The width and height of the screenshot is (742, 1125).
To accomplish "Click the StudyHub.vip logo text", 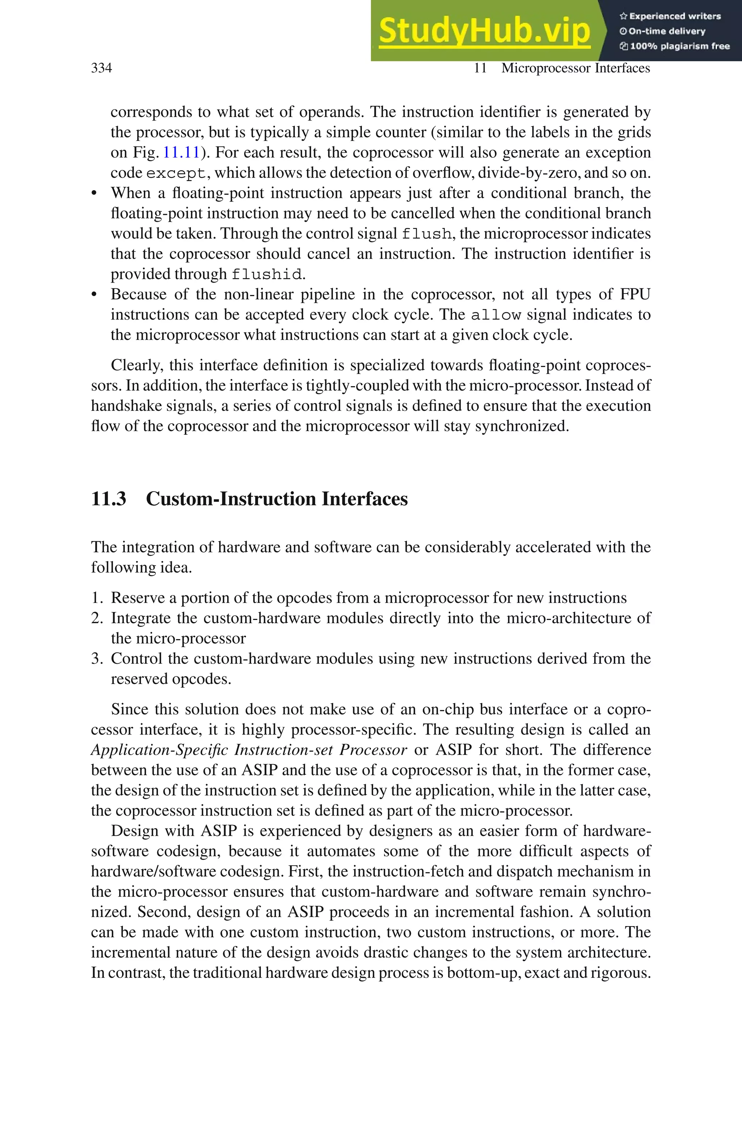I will [484, 31].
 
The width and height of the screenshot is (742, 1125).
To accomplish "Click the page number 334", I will [101, 68].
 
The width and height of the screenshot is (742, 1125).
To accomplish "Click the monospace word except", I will [176, 174].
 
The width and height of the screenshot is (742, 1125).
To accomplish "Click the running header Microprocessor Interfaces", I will [575, 68].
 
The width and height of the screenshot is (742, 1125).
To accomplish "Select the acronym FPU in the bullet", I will [635, 294].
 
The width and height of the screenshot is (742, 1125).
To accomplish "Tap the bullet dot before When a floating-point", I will [94, 194].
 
